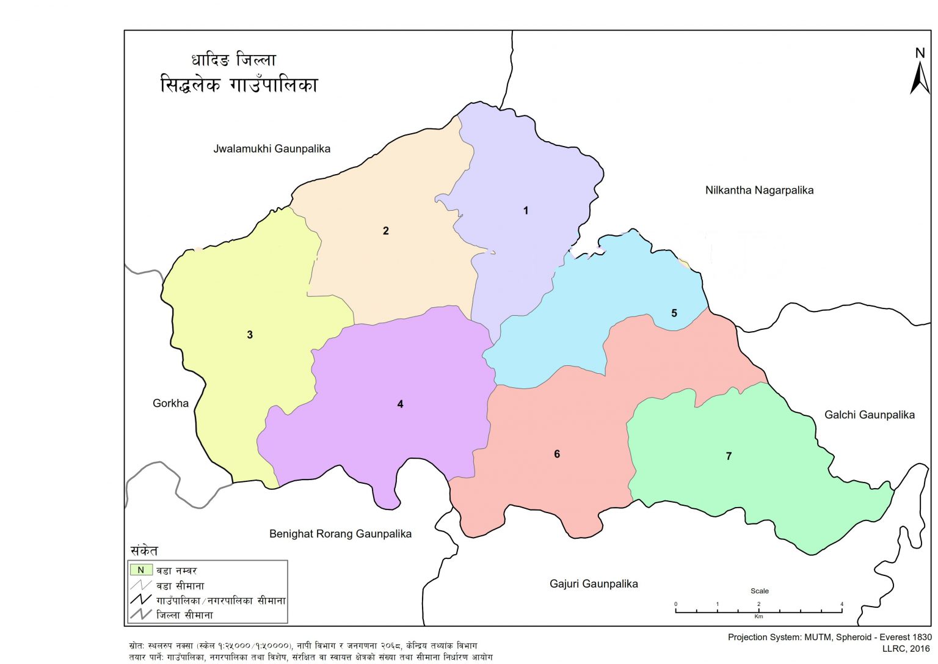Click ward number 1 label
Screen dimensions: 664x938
(x=525, y=211)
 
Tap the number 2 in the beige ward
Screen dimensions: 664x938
(x=385, y=231)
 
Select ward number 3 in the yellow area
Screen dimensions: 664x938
(x=249, y=335)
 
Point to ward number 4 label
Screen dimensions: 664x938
(x=400, y=404)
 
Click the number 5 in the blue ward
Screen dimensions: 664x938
(x=674, y=313)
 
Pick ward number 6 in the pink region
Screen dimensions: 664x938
(x=556, y=454)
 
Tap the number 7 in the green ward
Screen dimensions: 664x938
(x=728, y=456)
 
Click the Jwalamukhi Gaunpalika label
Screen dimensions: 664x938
(x=272, y=149)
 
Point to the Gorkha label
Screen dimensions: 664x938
(x=170, y=403)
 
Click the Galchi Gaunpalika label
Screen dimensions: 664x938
(x=869, y=415)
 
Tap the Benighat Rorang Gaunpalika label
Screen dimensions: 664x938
(x=340, y=534)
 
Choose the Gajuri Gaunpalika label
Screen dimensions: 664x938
(x=593, y=584)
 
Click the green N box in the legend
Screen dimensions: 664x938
(x=140, y=570)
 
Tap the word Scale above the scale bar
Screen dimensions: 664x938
(x=759, y=591)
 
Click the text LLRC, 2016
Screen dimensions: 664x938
(x=906, y=649)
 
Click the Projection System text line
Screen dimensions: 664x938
(x=829, y=637)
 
